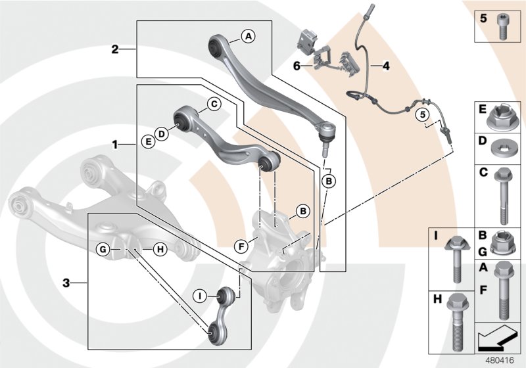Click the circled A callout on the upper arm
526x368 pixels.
(248, 37)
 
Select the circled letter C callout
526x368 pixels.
(213, 104)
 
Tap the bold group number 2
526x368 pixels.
(114, 49)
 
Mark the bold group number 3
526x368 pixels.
(66, 283)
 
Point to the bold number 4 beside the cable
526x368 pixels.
(386, 66)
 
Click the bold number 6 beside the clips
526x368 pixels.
(297, 66)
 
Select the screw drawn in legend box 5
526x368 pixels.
(504, 25)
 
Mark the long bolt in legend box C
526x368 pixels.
(503, 192)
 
